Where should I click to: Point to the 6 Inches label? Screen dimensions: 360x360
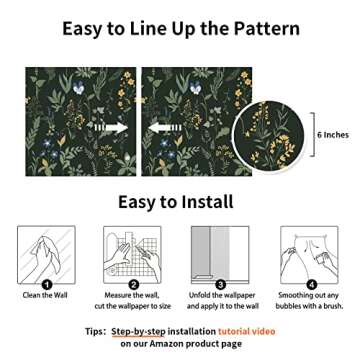pyautogui.click(x=333, y=134)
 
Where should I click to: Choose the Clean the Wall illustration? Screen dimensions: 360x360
pyautogui.click(x=46, y=253)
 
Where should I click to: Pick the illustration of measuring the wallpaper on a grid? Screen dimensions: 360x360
pyautogui.click(x=132, y=253)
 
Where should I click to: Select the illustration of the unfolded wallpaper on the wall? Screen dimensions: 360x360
pyautogui.click(x=220, y=253)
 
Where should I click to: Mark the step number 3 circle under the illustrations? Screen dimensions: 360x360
pyautogui.click(x=220, y=285)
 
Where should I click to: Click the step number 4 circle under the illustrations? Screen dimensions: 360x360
pyautogui.click(x=311, y=285)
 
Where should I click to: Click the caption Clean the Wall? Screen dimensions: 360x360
pyautogui.click(x=44, y=296)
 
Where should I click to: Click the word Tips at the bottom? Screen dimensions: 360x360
pyautogui.click(x=95, y=331)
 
